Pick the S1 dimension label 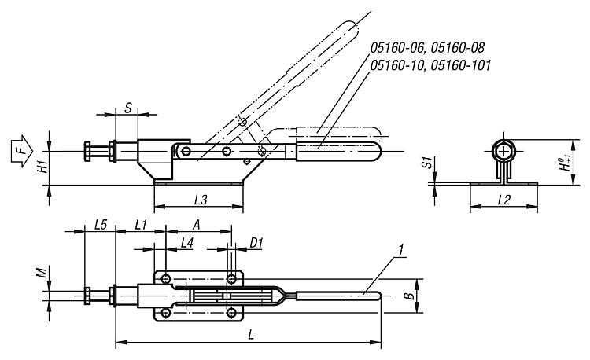[x=426, y=163]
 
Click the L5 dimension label [x=100, y=225]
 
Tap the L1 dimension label [x=141, y=225]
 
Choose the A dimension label [x=197, y=224]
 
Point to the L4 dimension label [x=186, y=242]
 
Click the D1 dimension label [x=256, y=242]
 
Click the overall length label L [x=250, y=335]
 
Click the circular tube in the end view [x=503, y=152]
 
